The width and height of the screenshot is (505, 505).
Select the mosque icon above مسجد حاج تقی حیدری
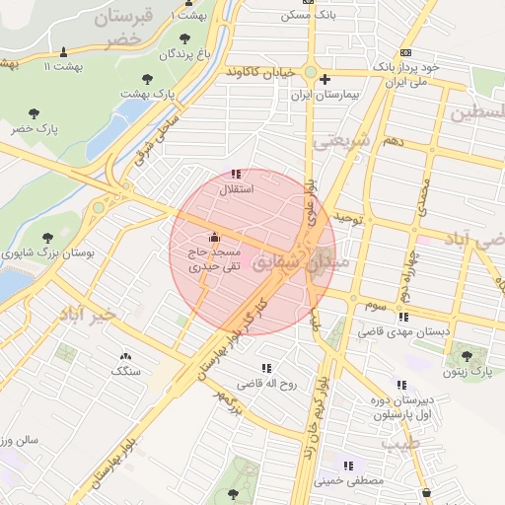tap(214, 237)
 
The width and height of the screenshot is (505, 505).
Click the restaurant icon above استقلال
tap(235, 174)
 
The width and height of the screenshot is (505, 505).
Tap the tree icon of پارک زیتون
tap(466, 356)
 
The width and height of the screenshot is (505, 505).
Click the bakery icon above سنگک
tap(125, 356)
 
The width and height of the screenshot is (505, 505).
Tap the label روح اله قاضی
tap(265, 385)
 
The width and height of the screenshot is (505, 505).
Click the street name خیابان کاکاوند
tap(259, 73)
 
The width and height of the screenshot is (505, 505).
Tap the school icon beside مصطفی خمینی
tap(347, 466)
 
